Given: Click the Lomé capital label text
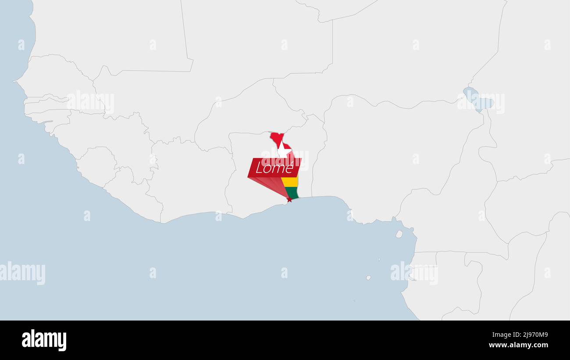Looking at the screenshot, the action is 274,168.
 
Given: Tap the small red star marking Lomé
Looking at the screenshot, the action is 289,200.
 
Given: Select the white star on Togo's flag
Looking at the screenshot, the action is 284,151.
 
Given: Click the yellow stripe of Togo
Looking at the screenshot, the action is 290,182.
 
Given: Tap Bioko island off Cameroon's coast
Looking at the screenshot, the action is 399,234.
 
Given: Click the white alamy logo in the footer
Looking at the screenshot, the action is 44,340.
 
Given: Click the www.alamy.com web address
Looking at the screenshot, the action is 518,345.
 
